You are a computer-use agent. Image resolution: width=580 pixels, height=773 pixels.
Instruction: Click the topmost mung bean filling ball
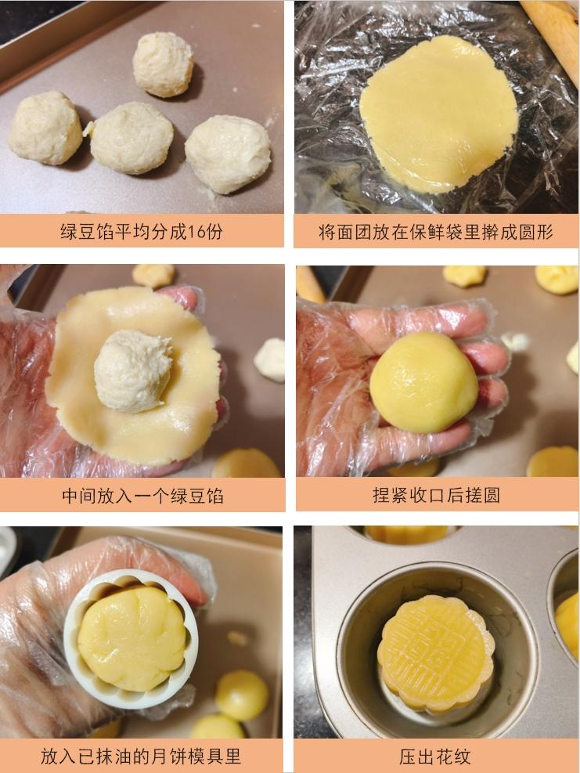(163, 64)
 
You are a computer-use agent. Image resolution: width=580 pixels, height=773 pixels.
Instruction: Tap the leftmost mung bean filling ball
(45, 128)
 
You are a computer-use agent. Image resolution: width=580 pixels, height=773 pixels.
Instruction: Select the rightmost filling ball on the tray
(228, 154)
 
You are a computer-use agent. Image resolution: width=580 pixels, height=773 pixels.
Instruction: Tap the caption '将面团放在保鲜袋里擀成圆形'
(436, 233)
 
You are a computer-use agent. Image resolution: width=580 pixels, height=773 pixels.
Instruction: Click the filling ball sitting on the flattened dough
(132, 370)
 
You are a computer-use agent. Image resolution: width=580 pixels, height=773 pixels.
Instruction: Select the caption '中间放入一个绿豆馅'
(142, 496)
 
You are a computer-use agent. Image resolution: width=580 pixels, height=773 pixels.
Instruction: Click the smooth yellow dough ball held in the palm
(423, 381)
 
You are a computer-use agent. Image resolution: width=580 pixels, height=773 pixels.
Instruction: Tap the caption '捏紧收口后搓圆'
(436, 496)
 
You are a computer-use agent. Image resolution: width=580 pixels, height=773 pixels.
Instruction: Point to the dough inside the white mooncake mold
(131, 638)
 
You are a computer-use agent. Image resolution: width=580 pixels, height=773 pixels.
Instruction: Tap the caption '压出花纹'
(436, 757)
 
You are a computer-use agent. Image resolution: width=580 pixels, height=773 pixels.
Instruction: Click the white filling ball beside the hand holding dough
(270, 359)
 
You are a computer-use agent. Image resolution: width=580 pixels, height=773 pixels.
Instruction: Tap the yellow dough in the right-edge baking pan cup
(567, 623)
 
